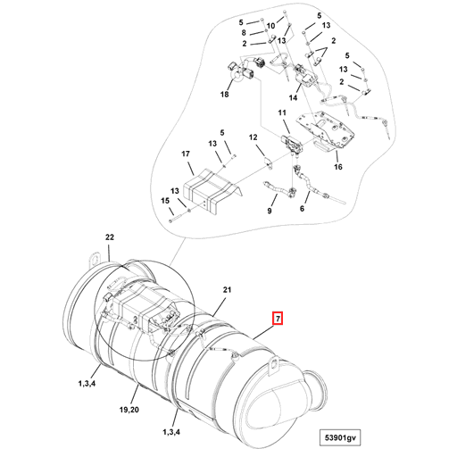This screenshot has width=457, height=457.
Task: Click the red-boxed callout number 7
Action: pyautogui.click(x=277, y=318)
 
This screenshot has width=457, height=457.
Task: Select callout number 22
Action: pyautogui.click(x=110, y=237)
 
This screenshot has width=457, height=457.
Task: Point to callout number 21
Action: pyautogui.click(x=227, y=291)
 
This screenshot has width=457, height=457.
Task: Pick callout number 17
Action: pyautogui.click(x=187, y=154)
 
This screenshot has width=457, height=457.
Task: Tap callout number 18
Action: pyautogui.click(x=224, y=95)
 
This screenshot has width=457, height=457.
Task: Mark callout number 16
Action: pyautogui.click(x=338, y=167)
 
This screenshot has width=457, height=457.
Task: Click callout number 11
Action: pyautogui.click(x=282, y=113)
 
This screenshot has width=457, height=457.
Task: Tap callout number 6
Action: pyautogui.click(x=303, y=208)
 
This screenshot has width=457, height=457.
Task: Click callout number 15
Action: pyautogui.click(x=164, y=202)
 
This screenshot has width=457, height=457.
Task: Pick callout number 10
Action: pyautogui.click(x=269, y=28)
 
